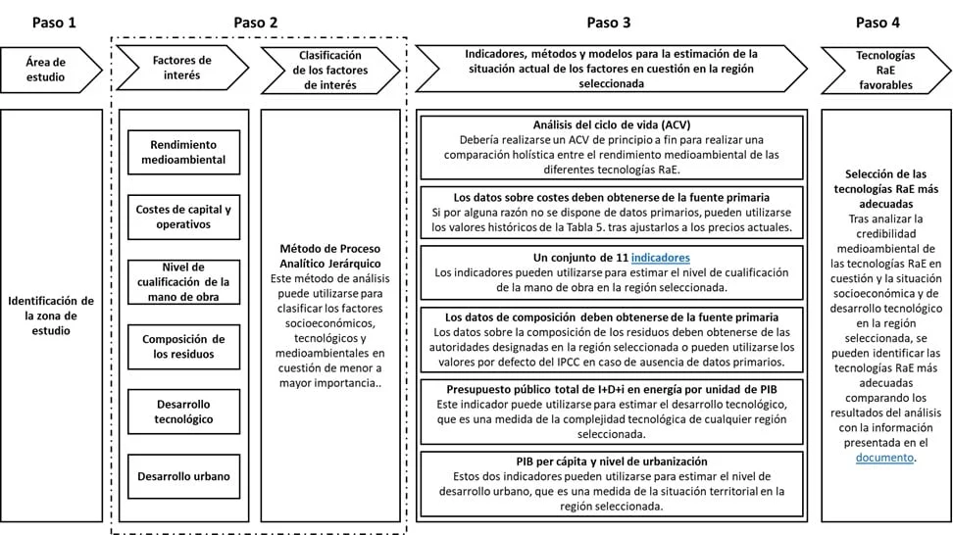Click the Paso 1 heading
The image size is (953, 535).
click(x=52, y=22)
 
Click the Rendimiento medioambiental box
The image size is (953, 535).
click(x=183, y=152)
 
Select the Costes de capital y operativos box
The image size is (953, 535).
click(x=183, y=217)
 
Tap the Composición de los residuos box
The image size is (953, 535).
click(x=183, y=347)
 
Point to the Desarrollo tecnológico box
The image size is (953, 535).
click(x=183, y=412)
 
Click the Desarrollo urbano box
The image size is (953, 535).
click(x=183, y=477)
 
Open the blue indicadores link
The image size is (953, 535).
click(x=662, y=258)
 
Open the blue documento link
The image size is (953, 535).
click(x=885, y=458)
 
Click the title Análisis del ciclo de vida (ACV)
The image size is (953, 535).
click(x=612, y=125)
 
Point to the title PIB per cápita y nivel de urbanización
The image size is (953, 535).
click(x=612, y=462)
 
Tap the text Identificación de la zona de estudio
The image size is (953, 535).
click(x=51, y=316)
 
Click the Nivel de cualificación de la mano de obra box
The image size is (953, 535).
click(x=183, y=282)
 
